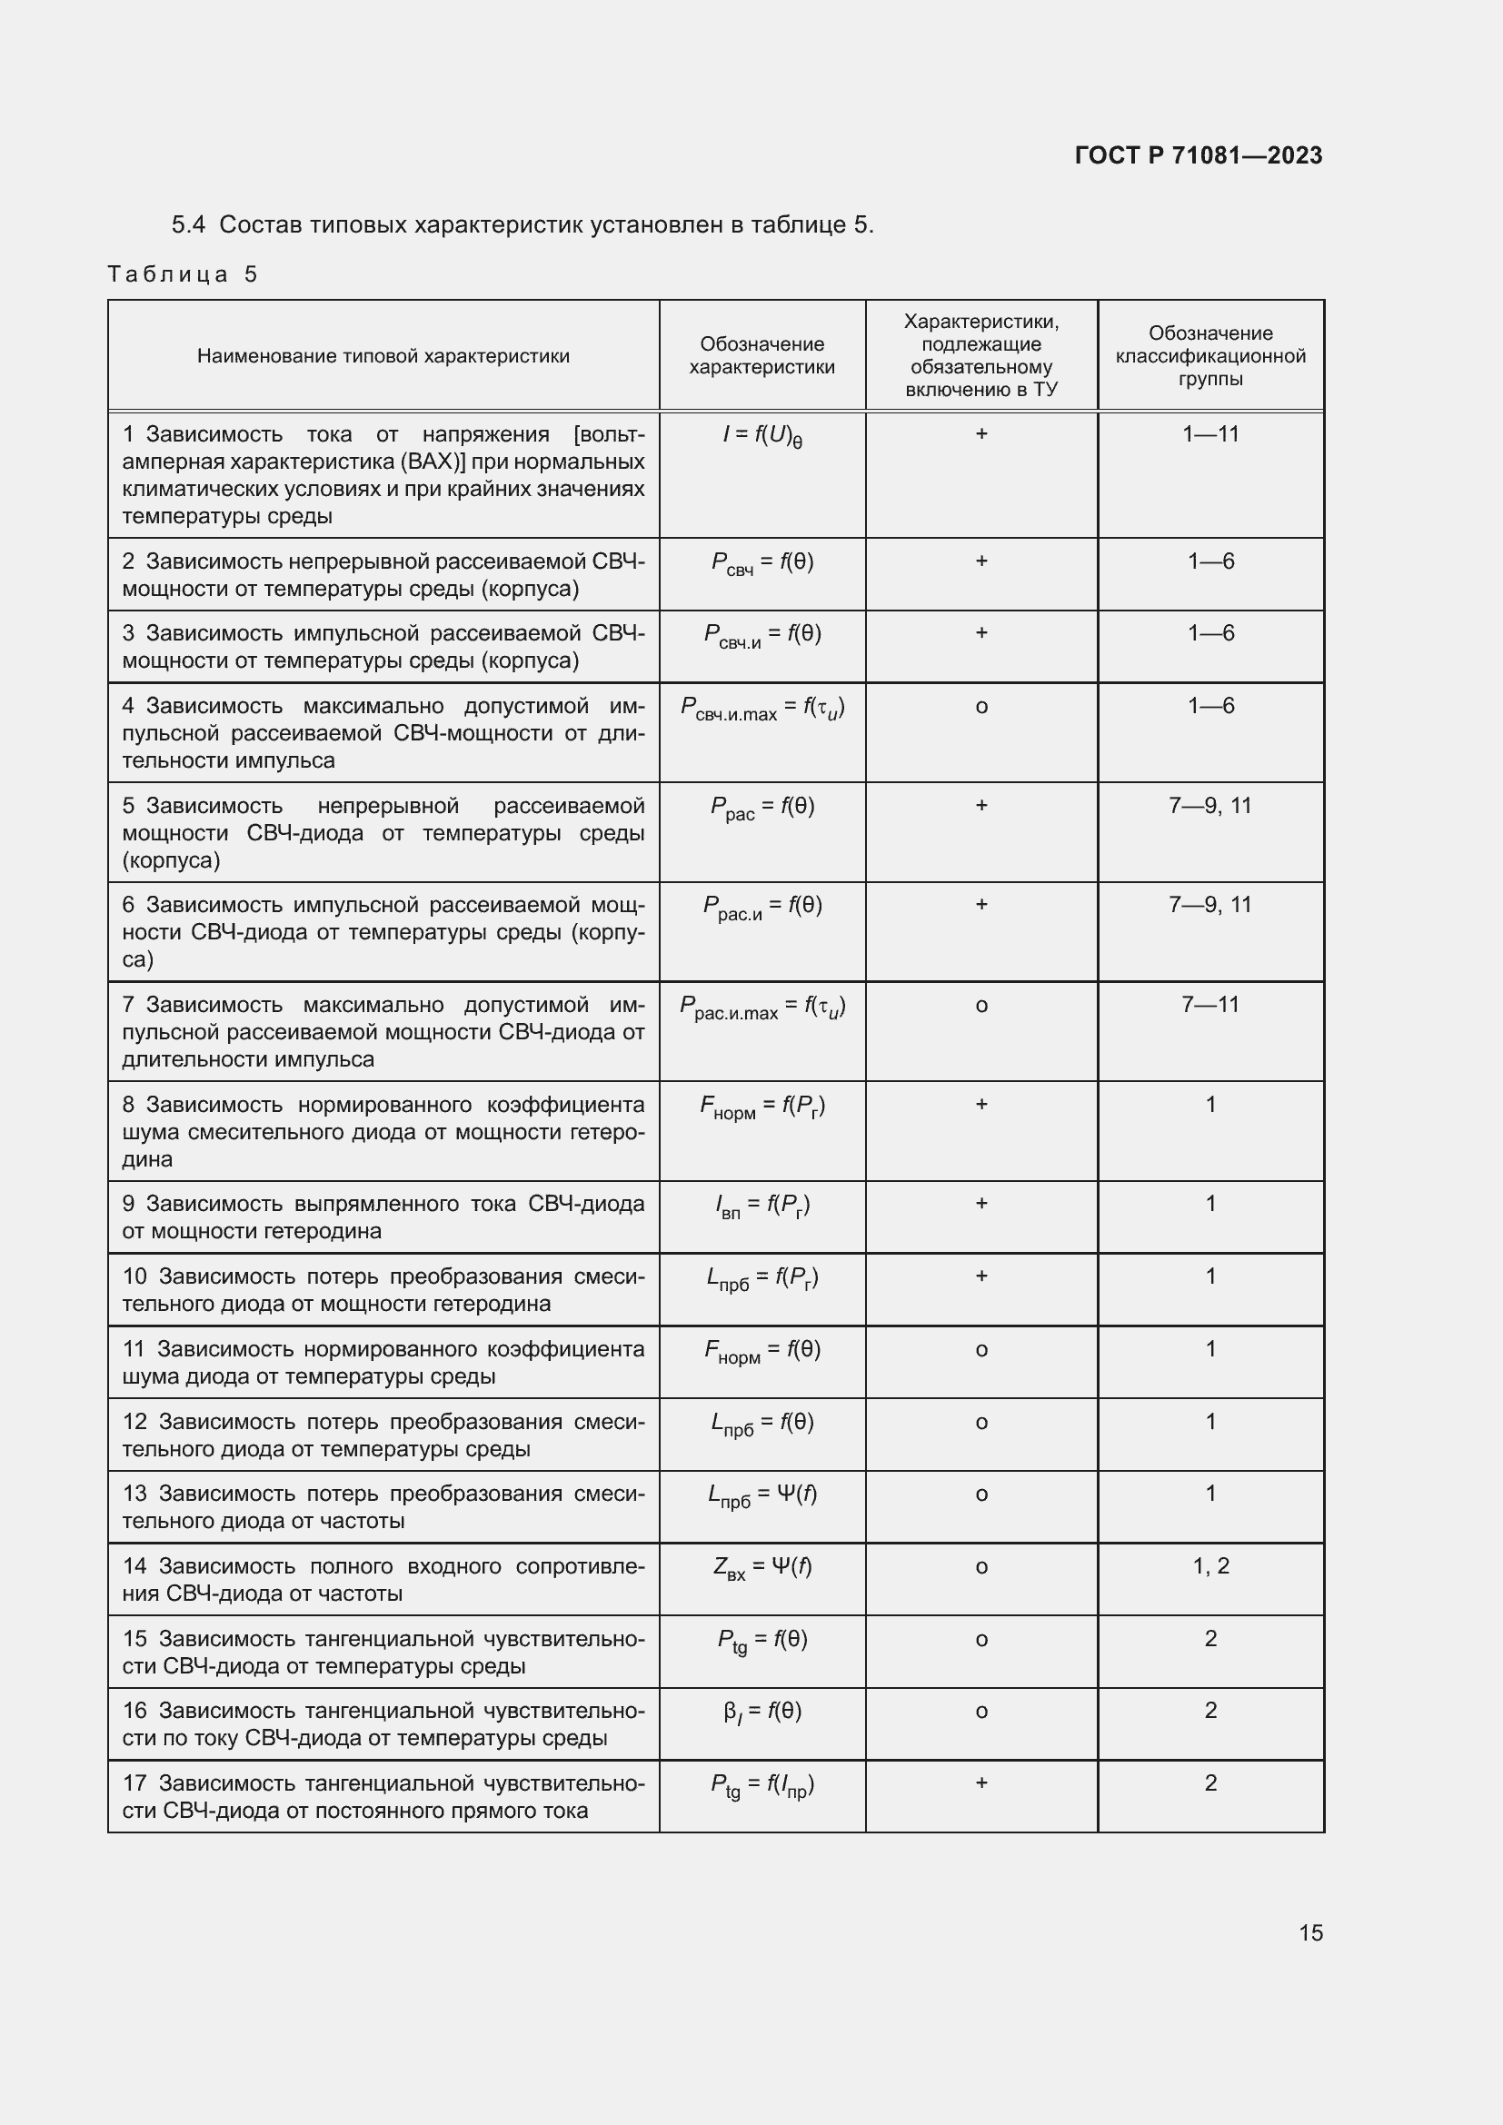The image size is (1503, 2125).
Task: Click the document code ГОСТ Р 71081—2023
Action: pyautogui.click(x=1198, y=155)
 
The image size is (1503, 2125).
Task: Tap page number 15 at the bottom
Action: pyautogui.click(x=1310, y=1932)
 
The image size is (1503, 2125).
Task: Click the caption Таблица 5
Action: pyautogui.click(x=183, y=274)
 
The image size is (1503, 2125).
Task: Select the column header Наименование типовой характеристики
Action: pyautogui.click(x=383, y=356)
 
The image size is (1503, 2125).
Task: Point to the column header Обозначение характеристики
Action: pyautogui.click(x=761, y=356)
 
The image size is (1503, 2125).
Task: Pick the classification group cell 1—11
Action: pyautogui.click(x=1210, y=434)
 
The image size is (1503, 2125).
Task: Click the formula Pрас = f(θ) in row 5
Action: pyautogui.click(x=761, y=808)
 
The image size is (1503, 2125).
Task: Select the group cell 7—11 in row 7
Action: pyautogui.click(x=1210, y=1005)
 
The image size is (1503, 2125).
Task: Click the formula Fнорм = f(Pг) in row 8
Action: pyautogui.click(x=761, y=1107)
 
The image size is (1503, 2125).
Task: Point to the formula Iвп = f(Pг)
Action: pyautogui.click(x=761, y=1206)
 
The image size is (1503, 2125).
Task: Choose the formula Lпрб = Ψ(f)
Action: pyautogui.click(x=761, y=1495)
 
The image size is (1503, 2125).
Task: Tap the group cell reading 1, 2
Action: pyautogui.click(x=1210, y=1566)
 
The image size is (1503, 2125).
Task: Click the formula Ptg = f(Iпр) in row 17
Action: pyautogui.click(x=761, y=1785)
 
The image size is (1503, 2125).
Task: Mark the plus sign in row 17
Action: pyautogui.click(x=981, y=1782)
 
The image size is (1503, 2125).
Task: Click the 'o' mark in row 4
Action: pyautogui.click(x=981, y=707)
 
